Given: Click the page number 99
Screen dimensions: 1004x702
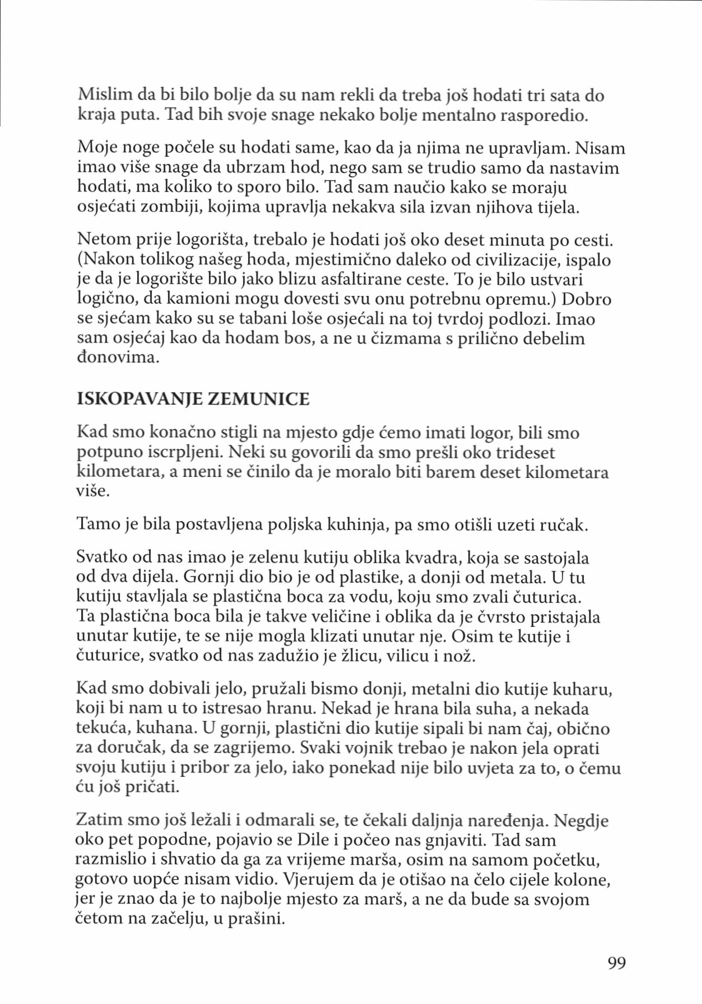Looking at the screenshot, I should tap(616, 963).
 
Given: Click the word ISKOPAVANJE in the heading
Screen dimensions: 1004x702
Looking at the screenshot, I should tap(139, 399).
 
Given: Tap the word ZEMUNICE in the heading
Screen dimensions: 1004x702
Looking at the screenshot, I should tap(259, 399).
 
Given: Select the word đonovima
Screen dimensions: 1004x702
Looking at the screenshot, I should tap(118, 357).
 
